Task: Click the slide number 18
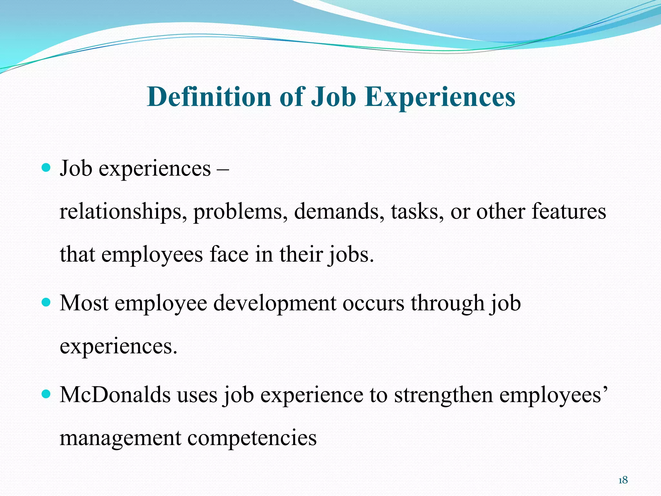(x=623, y=480)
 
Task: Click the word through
(x=448, y=304)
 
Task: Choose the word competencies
(x=252, y=439)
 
